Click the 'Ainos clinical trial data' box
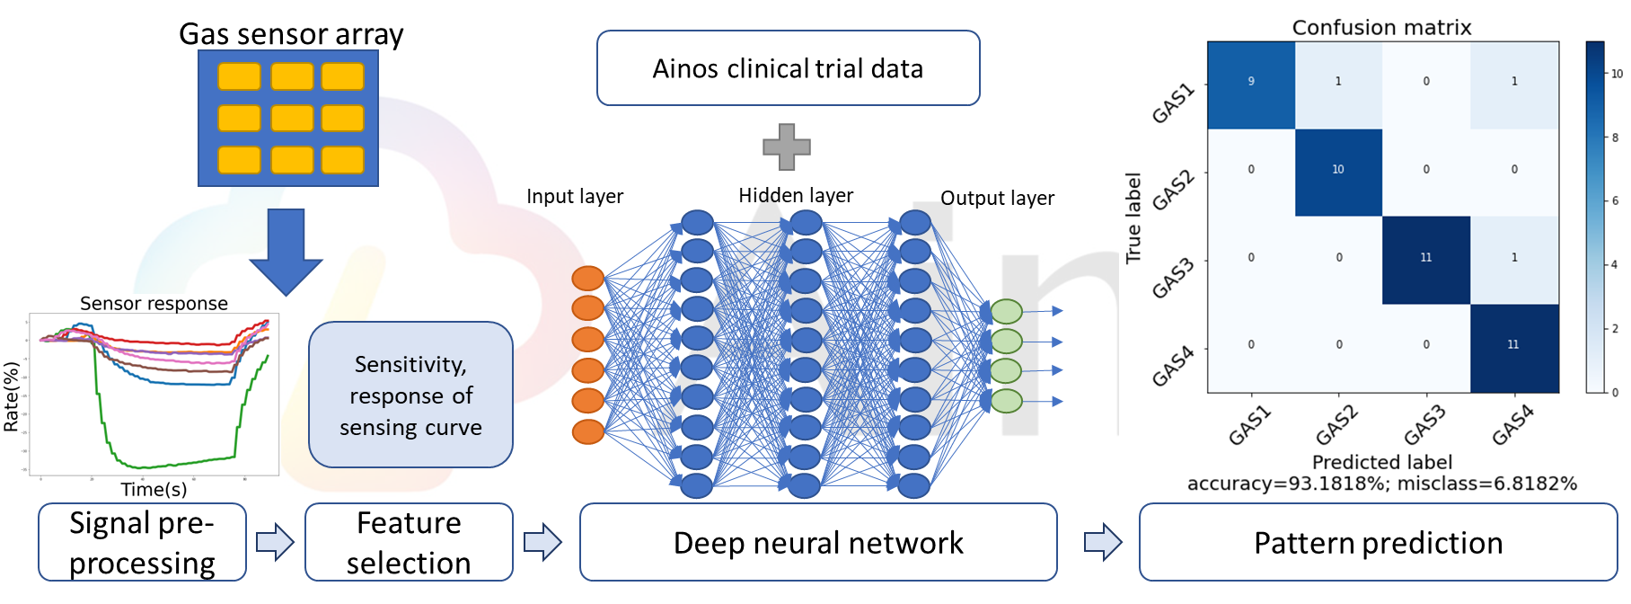(788, 68)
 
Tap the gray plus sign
(786, 147)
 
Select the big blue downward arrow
(286, 251)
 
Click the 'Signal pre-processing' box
(142, 542)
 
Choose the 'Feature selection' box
(409, 542)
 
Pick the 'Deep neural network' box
(818, 542)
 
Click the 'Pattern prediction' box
(1378, 542)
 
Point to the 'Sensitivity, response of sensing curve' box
(410, 395)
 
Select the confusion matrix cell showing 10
(1338, 172)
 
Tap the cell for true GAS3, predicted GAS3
(1426, 260)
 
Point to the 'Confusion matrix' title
(1381, 28)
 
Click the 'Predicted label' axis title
(1381, 462)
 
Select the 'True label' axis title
(1133, 218)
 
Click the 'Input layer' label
(575, 197)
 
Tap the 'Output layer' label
(997, 199)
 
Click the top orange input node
(588, 279)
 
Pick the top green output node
(1007, 311)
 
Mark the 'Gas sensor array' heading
(291, 34)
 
